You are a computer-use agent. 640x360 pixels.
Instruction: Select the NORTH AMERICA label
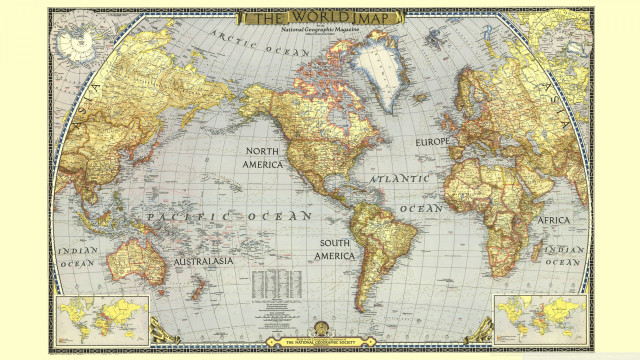tap(263, 157)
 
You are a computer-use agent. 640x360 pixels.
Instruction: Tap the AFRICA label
tap(554, 219)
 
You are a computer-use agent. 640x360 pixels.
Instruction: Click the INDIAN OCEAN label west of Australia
tap(76, 256)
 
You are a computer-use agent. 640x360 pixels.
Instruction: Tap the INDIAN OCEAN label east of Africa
tap(566, 255)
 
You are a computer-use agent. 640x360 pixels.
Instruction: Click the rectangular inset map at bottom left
tap(103, 316)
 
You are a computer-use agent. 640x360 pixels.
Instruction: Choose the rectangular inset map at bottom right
tap(540, 316)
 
